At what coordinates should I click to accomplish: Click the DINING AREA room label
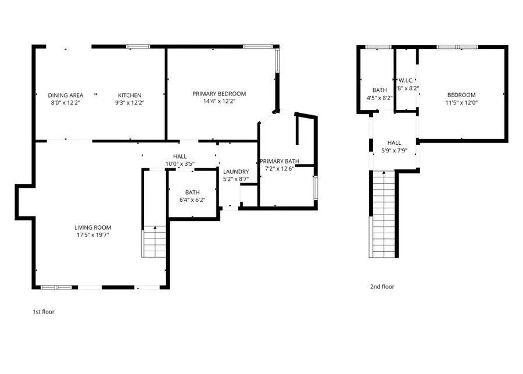point(66,95)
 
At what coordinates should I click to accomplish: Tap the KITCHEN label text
point(130,95)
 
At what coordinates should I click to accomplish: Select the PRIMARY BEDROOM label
point(219,94)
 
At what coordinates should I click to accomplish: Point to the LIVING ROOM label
point(92,227)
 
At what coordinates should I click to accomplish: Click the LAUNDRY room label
point(236,172)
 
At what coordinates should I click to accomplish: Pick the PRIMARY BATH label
point(280,161)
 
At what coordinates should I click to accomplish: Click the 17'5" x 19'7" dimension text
point(92,235)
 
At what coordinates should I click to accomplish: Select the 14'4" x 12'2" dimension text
point(219,101)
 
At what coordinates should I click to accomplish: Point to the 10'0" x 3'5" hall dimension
point(180,164)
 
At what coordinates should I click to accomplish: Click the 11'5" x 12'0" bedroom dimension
point(461,102)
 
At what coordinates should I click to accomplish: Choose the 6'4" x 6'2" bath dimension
point(192,200)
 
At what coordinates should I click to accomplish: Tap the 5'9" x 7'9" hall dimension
point(394,150)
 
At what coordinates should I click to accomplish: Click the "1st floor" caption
point(43,312)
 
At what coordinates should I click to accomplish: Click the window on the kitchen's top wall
point(138,47)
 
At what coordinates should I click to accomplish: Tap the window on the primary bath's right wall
point(316,187)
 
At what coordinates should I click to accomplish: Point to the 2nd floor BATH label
point(379,90)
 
